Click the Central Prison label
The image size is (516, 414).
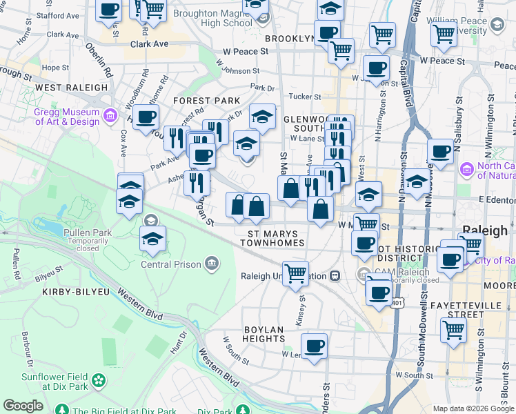click(171, 264)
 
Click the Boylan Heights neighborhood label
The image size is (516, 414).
click(264, 335)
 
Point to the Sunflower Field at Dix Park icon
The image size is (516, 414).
click(99, 380)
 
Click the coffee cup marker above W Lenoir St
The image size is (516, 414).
click(315, 344)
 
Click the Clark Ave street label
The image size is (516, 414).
click(150, 43)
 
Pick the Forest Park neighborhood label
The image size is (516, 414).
click(206, 101)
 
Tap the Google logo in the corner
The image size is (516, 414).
click(23, 406)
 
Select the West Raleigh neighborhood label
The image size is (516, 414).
click(72, 88)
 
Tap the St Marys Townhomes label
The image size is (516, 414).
click(276, 239)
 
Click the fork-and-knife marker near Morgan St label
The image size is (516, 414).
click(197, 181)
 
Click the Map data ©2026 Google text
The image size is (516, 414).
click(473, 408)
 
